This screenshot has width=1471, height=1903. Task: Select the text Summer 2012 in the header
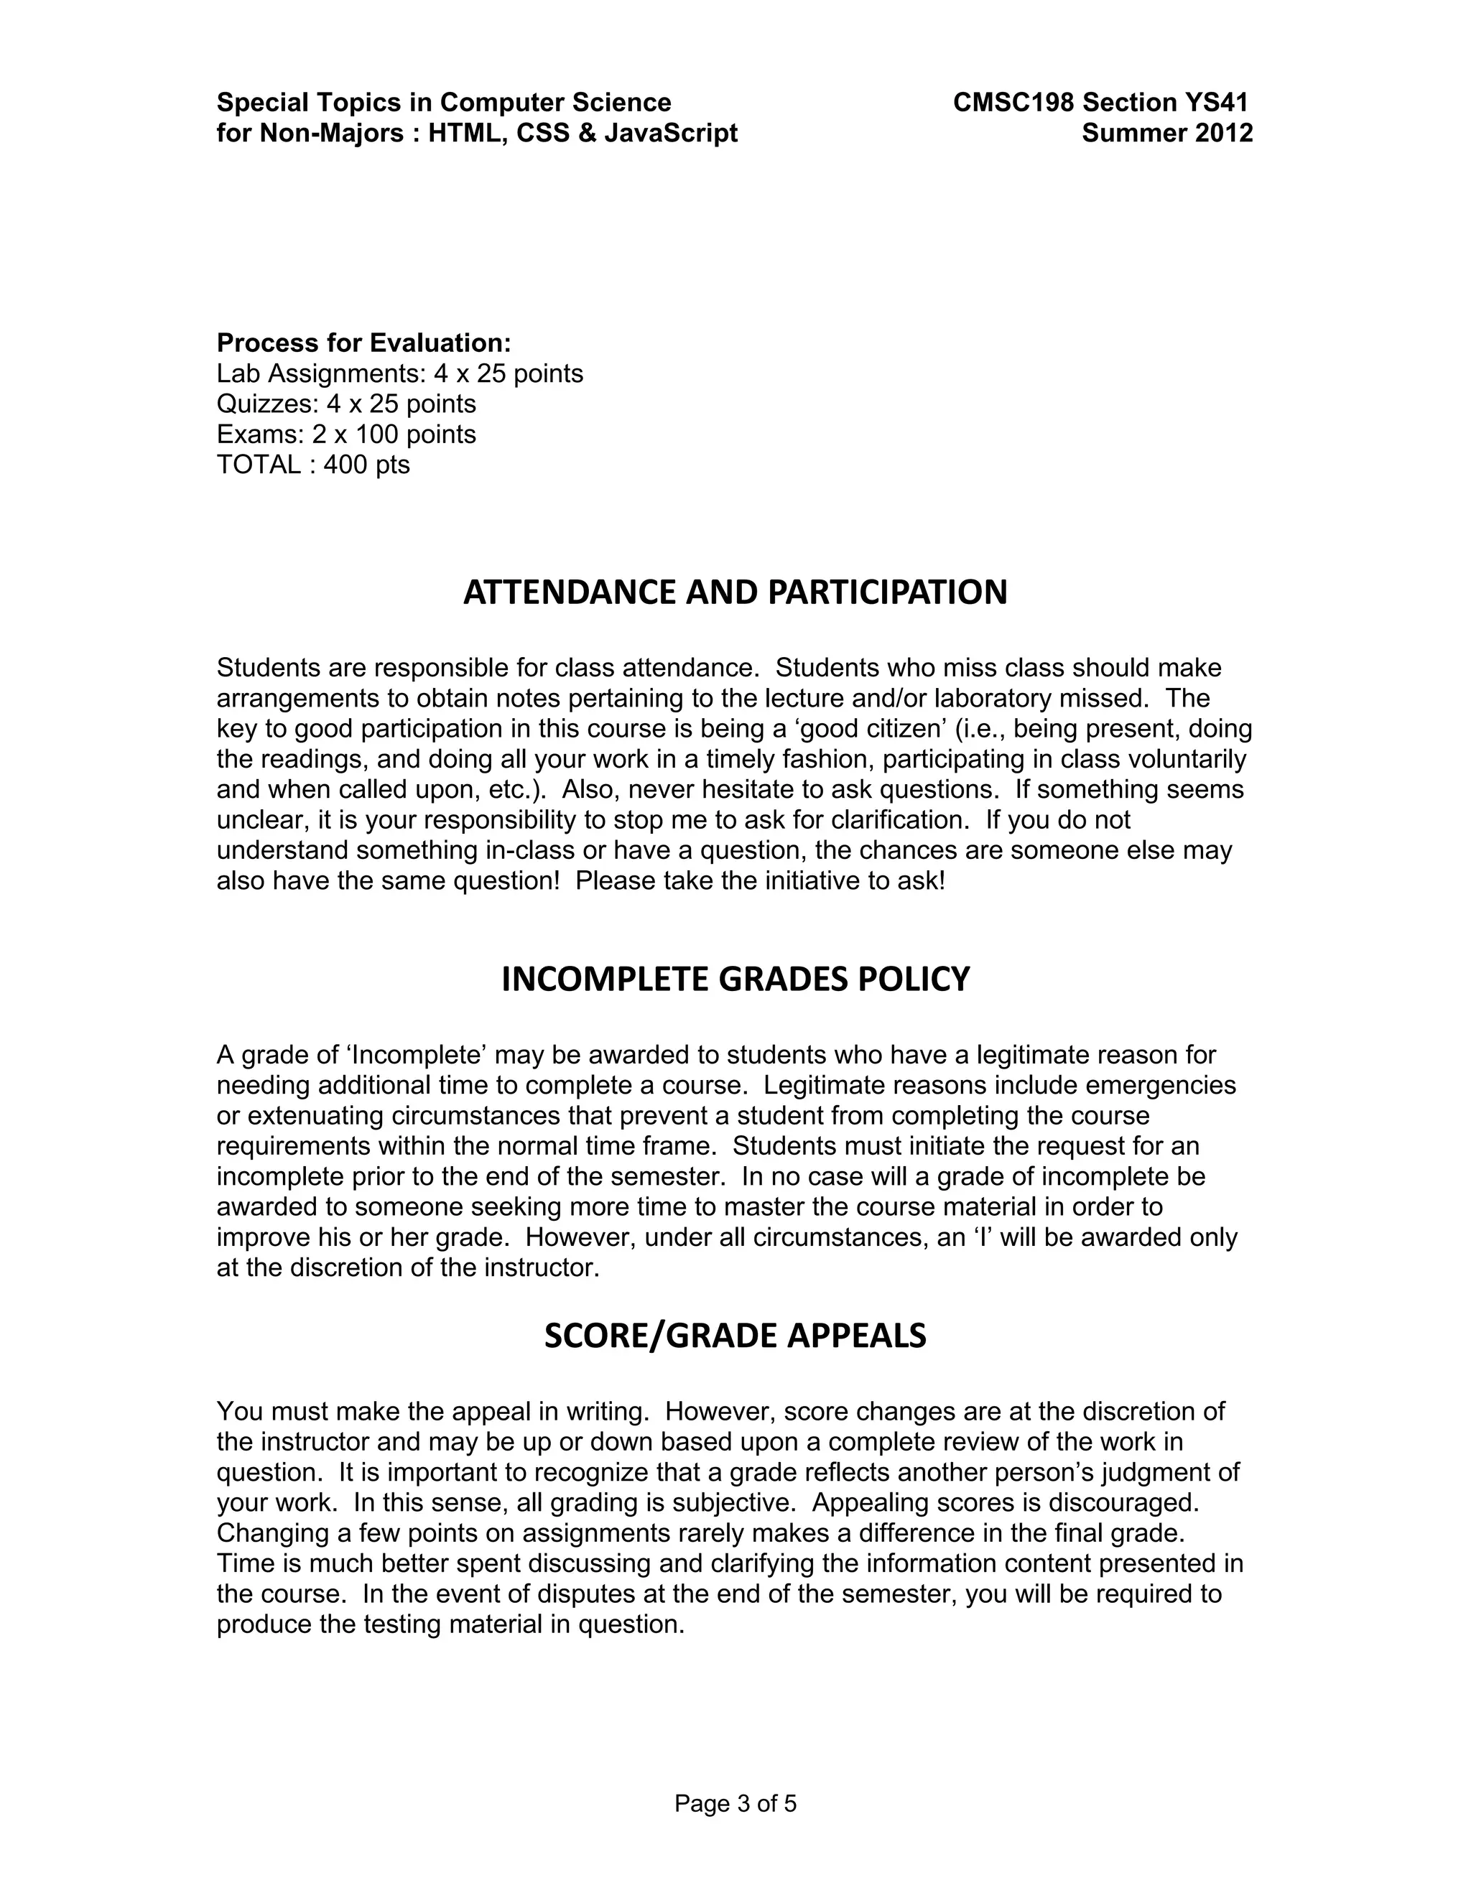(x=1167, y=134)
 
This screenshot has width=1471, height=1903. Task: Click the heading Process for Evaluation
(x=363, y=343)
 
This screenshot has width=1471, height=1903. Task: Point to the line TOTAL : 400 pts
(x=313, y=465)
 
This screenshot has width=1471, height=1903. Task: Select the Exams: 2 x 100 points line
(x=346, y=434)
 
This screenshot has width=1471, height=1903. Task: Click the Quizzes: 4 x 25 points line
(x=346, y=404)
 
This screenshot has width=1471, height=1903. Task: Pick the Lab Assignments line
(x=399, y=373)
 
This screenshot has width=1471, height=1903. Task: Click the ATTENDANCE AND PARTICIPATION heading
(x=735, y=592)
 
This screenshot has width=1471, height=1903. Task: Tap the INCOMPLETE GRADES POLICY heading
(x=735, y=980)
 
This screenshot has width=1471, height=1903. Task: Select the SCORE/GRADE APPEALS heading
(x=735, y=1336)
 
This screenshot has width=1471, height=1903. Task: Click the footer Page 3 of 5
(x=735, y=1804)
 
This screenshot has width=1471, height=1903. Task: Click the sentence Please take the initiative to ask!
(x=760, y=880)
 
